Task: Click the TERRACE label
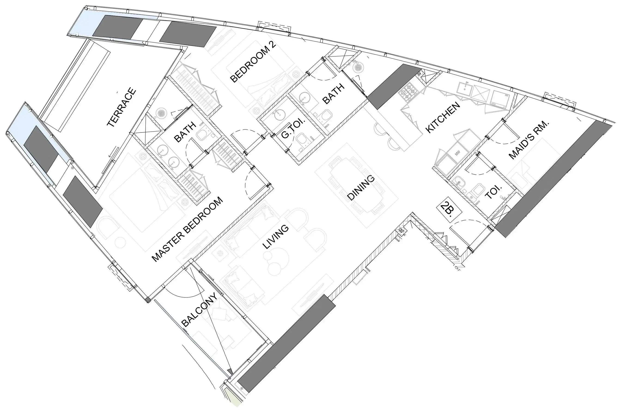tap(122, 108)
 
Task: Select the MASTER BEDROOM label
tap(188, 229)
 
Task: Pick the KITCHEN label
tap(443, 117)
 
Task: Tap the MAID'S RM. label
tap(529, 140)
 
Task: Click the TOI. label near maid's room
tap(493, 192)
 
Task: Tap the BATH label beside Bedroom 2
tap(333, 94)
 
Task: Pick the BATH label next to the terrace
tap(185, 132)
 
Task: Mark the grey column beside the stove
tap(394, 86)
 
